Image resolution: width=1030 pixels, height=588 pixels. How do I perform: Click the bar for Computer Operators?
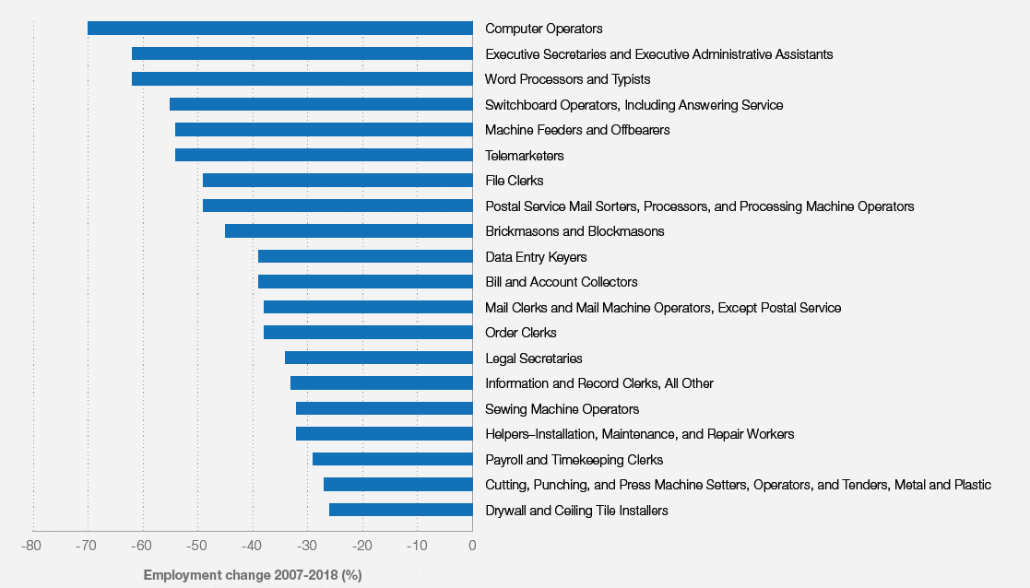(279, 29)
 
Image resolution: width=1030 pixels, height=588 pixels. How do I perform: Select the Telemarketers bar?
(324, 155)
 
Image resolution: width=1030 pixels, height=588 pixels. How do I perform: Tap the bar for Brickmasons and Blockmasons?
(349, 231)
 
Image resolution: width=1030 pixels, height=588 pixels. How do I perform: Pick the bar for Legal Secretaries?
(378, 358)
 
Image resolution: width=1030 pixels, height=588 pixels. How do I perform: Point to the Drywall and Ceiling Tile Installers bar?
(400, 510)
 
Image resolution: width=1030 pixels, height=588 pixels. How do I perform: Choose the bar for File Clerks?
(337, 181)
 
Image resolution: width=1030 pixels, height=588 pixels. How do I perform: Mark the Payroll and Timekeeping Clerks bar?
(392, 459)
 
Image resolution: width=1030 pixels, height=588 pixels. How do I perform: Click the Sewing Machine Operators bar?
(384, 408)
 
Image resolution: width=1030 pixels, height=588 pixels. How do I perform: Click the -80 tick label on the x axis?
(33, 546)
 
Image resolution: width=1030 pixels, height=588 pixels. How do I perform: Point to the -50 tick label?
(197, 546)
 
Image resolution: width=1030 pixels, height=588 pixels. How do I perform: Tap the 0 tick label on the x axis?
(472, 546)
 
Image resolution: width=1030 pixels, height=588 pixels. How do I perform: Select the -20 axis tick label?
(362, 546)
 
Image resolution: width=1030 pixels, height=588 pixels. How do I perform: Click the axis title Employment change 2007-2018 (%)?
(253, 575)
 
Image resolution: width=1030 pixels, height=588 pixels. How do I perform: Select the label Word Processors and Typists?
(567, 79)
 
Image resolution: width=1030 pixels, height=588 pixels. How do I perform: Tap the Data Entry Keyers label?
(536, 257)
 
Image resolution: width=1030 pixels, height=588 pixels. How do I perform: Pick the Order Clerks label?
(521, 333)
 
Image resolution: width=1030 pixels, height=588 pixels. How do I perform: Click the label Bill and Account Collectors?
(562, 282)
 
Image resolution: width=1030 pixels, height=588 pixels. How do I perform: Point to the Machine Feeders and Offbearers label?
(577, 130)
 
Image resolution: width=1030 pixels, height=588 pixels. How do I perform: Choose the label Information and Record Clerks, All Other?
(599, 383)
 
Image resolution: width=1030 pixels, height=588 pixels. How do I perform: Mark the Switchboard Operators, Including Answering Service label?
(634, 105)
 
